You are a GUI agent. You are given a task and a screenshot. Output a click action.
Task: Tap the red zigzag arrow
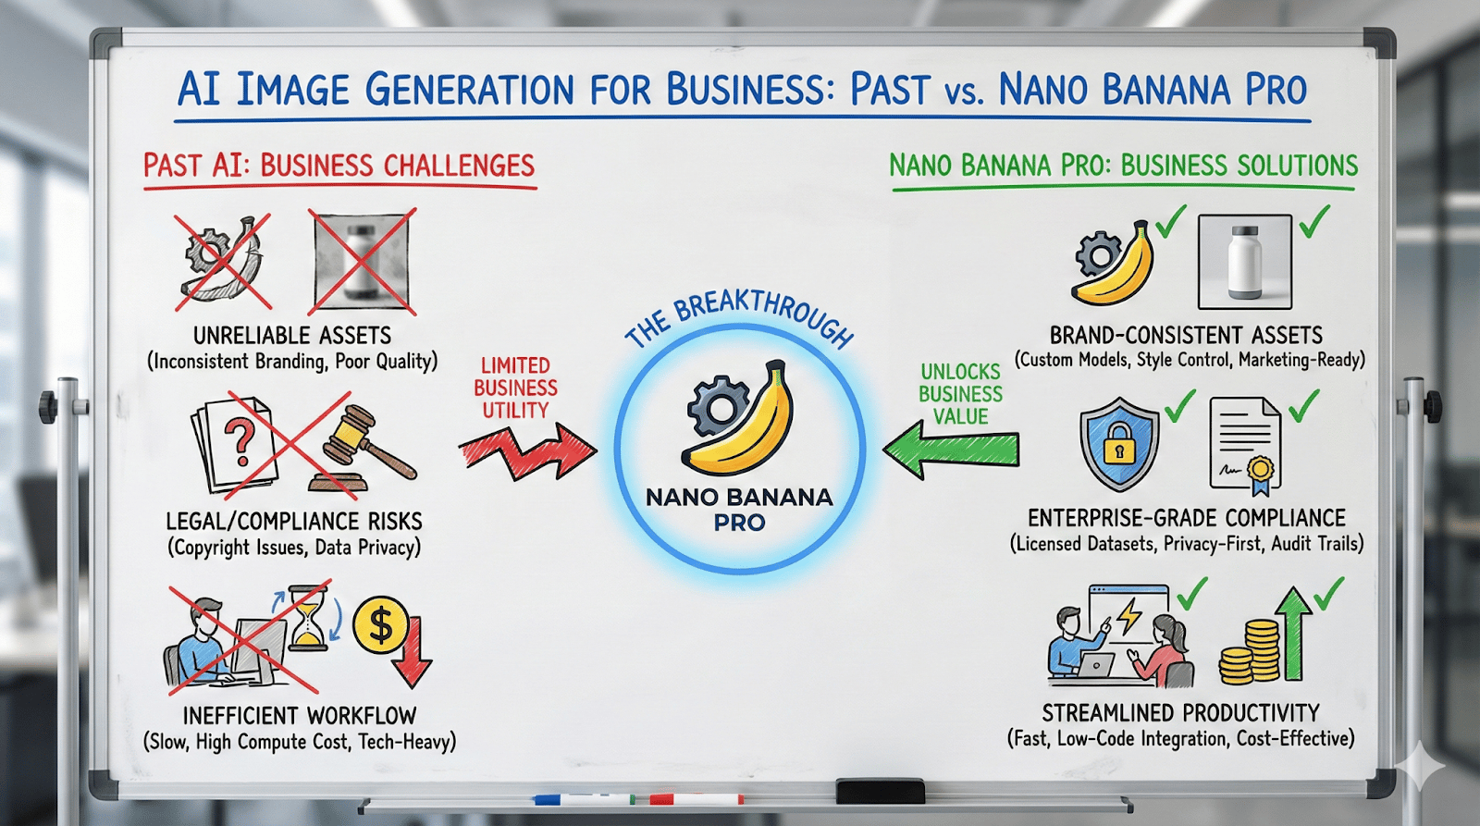click(528, 452)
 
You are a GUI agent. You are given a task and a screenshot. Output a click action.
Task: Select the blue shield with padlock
click(1118, 444)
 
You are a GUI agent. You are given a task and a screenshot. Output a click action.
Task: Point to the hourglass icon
click(308, 618)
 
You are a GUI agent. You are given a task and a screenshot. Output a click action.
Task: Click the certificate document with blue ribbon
click(1244, 446)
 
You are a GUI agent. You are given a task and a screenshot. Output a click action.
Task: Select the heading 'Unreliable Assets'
click(292, 336)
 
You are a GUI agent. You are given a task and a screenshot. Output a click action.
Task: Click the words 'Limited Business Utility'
click(515, 388)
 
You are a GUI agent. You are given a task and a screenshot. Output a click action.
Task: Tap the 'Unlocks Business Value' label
click(960, 394)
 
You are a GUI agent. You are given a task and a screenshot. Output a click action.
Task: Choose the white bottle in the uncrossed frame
click(1244, 262)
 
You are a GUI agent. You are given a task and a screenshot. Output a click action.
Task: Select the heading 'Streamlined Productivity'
click(1180, 713)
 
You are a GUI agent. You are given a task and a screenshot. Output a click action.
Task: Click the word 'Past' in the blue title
click(889, 89)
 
